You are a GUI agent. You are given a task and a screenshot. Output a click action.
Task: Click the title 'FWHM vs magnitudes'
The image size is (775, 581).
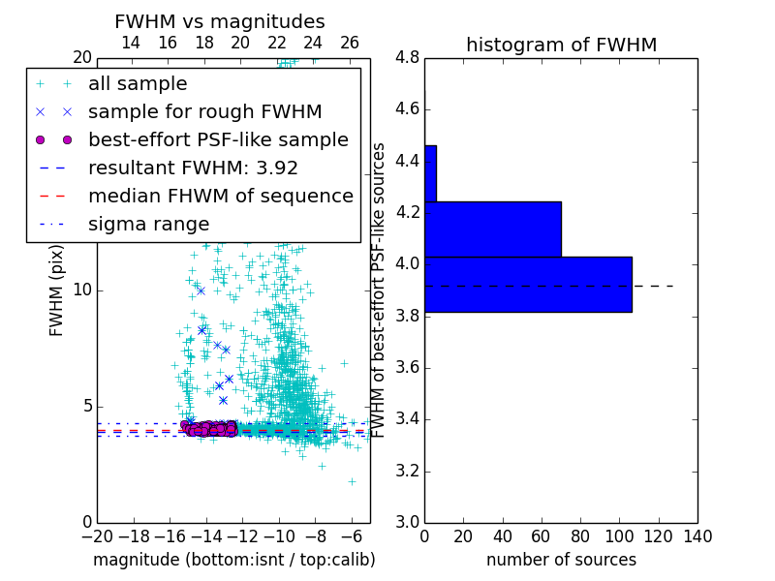(x=220, y=21)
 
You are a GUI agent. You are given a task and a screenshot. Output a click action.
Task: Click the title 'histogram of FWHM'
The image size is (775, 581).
(x=561, y=45)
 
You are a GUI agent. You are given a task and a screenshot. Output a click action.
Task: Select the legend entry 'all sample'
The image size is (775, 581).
(x=138, y=84)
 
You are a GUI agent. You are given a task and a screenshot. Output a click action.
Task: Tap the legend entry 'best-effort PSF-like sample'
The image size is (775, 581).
(x=218, y=139)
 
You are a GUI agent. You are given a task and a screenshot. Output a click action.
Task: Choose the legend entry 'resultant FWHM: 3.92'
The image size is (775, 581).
(x=193, y=168)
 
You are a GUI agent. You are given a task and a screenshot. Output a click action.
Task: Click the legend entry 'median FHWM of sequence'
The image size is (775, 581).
(x=220, y=196)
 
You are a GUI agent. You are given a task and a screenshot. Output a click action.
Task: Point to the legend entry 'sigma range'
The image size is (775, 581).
(x=148, y=224)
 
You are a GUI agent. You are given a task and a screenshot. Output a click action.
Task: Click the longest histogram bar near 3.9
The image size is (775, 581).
(x=528, y=284)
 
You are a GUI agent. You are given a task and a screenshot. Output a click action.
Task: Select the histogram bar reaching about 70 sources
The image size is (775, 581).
(x=493, y=229)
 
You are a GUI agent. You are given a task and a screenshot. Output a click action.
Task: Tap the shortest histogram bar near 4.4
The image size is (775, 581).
(x=430, y=173)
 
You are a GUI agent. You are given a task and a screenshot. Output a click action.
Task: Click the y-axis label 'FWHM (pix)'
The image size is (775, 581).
(x=56, y=290)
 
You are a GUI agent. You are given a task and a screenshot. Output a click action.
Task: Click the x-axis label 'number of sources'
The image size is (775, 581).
(x=561, y=560)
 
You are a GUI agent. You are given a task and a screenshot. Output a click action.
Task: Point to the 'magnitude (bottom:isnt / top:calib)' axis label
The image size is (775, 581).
(x=233, y=560)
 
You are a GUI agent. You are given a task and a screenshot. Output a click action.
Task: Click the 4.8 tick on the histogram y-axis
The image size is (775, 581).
(x=408, y=57)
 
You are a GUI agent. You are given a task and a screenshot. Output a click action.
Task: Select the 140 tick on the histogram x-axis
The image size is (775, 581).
(x=697, y=535)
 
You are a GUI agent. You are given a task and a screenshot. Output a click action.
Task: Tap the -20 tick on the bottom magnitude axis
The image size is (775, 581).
(x=97, y=535)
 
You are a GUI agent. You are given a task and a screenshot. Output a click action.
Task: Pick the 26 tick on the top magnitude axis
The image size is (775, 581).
(x=350, y=43)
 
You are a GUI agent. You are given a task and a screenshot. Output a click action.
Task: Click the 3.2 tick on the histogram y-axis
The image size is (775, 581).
(x=408, y=471)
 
